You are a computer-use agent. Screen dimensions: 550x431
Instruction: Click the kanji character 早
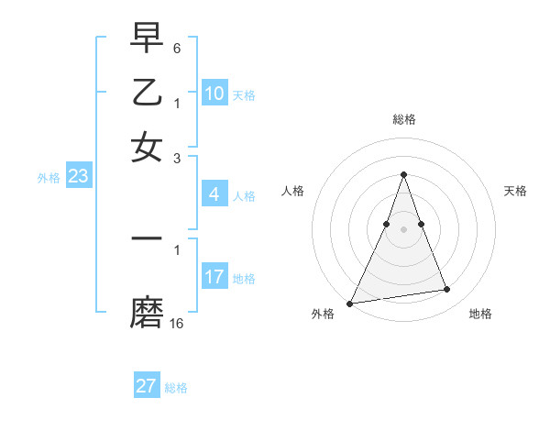pos(147,38)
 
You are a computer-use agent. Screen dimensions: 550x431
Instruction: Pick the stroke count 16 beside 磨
pos(177,323)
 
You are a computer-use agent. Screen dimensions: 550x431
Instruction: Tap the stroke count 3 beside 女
pos(177,158)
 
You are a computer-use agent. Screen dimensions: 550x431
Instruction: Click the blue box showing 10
pos(214,94)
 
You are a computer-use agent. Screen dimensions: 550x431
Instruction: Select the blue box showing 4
pos(214,194)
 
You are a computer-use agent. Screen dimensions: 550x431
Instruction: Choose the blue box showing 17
pos(214,277)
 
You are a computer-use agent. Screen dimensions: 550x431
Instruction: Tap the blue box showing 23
pos(78,177)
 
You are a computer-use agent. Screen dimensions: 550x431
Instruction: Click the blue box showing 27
pos(147,386)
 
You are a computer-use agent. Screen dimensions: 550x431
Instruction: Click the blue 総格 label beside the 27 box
pos(176,388)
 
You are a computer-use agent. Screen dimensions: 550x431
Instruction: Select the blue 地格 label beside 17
pos(244,279)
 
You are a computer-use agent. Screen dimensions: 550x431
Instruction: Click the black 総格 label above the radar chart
pos(403,119)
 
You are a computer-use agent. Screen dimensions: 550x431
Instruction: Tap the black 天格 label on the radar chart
pos(515,191)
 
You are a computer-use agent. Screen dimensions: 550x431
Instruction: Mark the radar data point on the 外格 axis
pos(350,304)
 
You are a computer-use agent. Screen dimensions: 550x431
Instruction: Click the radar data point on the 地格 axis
pos(447,290)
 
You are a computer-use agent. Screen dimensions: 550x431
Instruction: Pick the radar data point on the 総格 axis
pos(403,174)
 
